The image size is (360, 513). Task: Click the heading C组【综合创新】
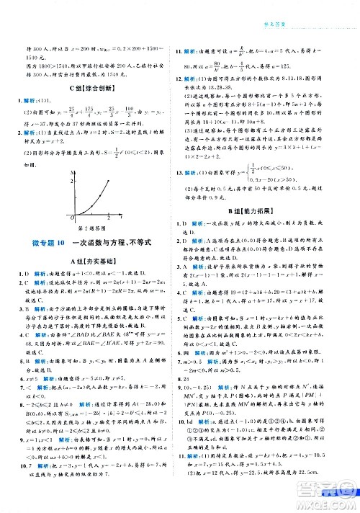(93, 89)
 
